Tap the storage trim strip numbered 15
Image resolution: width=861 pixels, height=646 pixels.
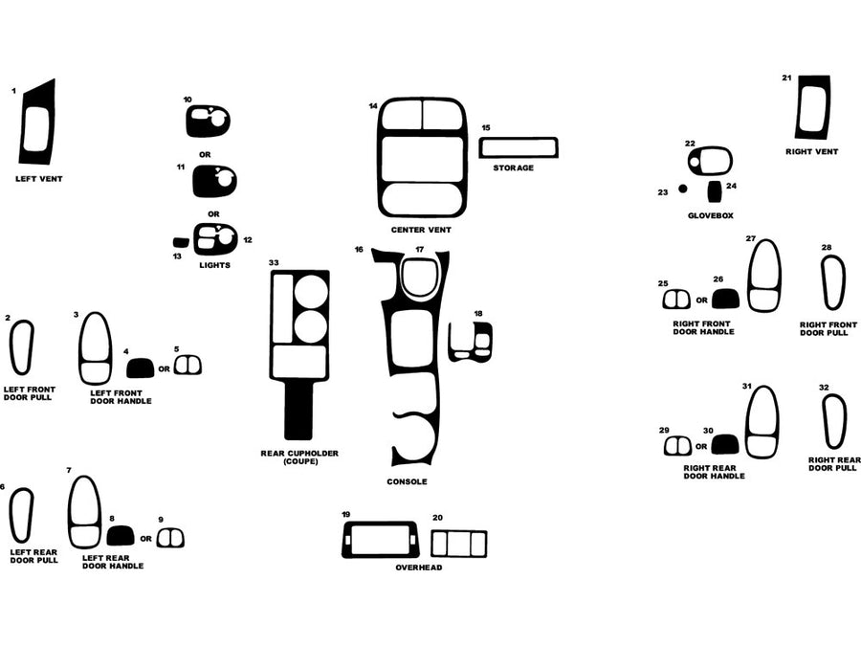[x=518, y=147]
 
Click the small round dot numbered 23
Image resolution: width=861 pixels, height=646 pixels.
[x=682, y=189]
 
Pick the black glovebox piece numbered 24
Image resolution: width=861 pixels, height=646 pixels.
[x=714, y=189]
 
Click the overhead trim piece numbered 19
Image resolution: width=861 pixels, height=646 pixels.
[x=380, y=541]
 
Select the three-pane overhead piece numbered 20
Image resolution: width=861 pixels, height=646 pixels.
[x=458, y=544]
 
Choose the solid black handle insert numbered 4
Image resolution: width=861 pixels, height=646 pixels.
[x=140, y=367]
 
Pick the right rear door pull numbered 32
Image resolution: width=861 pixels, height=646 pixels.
[x=832, y=422]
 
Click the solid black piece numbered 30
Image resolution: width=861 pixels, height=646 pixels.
[x=724, y=445]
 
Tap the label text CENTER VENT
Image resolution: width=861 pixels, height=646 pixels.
[x=420, y=231]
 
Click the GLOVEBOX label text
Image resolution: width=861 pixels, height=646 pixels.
[x=710, y=216]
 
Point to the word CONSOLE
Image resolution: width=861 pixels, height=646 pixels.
[x=407, y=481]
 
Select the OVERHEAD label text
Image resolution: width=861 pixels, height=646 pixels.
[x=419, y=568]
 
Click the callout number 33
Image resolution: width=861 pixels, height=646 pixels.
[x=274, y=262]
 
